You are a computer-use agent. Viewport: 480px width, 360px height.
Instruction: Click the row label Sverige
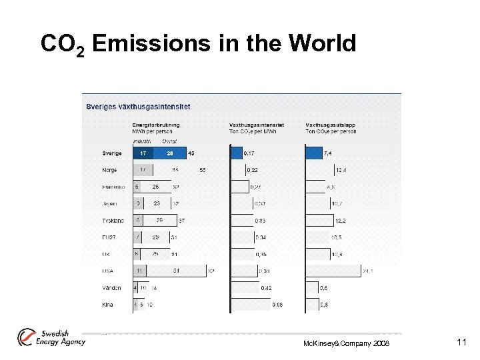pyautogui.click(x=112, y=153)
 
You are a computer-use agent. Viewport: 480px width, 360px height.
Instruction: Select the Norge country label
pyautogui.click(x=109, y=170)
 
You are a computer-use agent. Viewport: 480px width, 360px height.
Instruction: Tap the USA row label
pyautogui.click(x=107, y=271)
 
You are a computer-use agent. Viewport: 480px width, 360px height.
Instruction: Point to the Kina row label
pyautogui.click(x=107, y=305)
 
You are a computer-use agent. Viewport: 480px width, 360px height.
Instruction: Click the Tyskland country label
pyautogui.click(x=113, y=221)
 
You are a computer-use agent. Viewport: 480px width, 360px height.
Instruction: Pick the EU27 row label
pyautogui.click(x=109, y=237)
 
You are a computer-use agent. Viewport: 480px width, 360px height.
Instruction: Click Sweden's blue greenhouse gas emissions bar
pyautogui.click(x=313, y=153)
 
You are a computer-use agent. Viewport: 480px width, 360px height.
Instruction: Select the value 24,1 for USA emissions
pyautogui.click(x=367, y=271)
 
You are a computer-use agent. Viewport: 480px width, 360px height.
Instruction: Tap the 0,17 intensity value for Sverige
pyautogui.click(x=249, y=153)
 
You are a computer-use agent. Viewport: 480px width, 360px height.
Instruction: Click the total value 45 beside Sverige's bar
pyautogui.click(x=192, y=153)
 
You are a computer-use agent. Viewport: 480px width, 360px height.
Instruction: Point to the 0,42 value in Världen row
pyautogui.click(x=266, y=288)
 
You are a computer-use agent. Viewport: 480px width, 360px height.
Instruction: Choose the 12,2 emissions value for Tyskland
pyautogui.click(x=341, y=221)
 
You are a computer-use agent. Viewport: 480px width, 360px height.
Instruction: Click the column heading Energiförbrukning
pyautogui.click(x=156, y=125)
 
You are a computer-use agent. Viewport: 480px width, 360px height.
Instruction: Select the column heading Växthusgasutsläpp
pyautogui.click(x=331, y=125)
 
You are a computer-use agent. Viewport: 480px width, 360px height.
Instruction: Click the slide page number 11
pyautogui.click(x=461, y=342)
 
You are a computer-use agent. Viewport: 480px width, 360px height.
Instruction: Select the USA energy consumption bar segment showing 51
pyautogui.click(x=177, y=271)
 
